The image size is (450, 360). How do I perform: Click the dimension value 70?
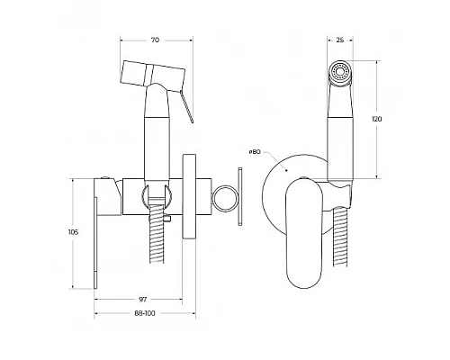point(157,41)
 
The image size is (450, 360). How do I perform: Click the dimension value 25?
point(338,41)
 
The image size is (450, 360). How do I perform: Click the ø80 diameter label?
point(256,152)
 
